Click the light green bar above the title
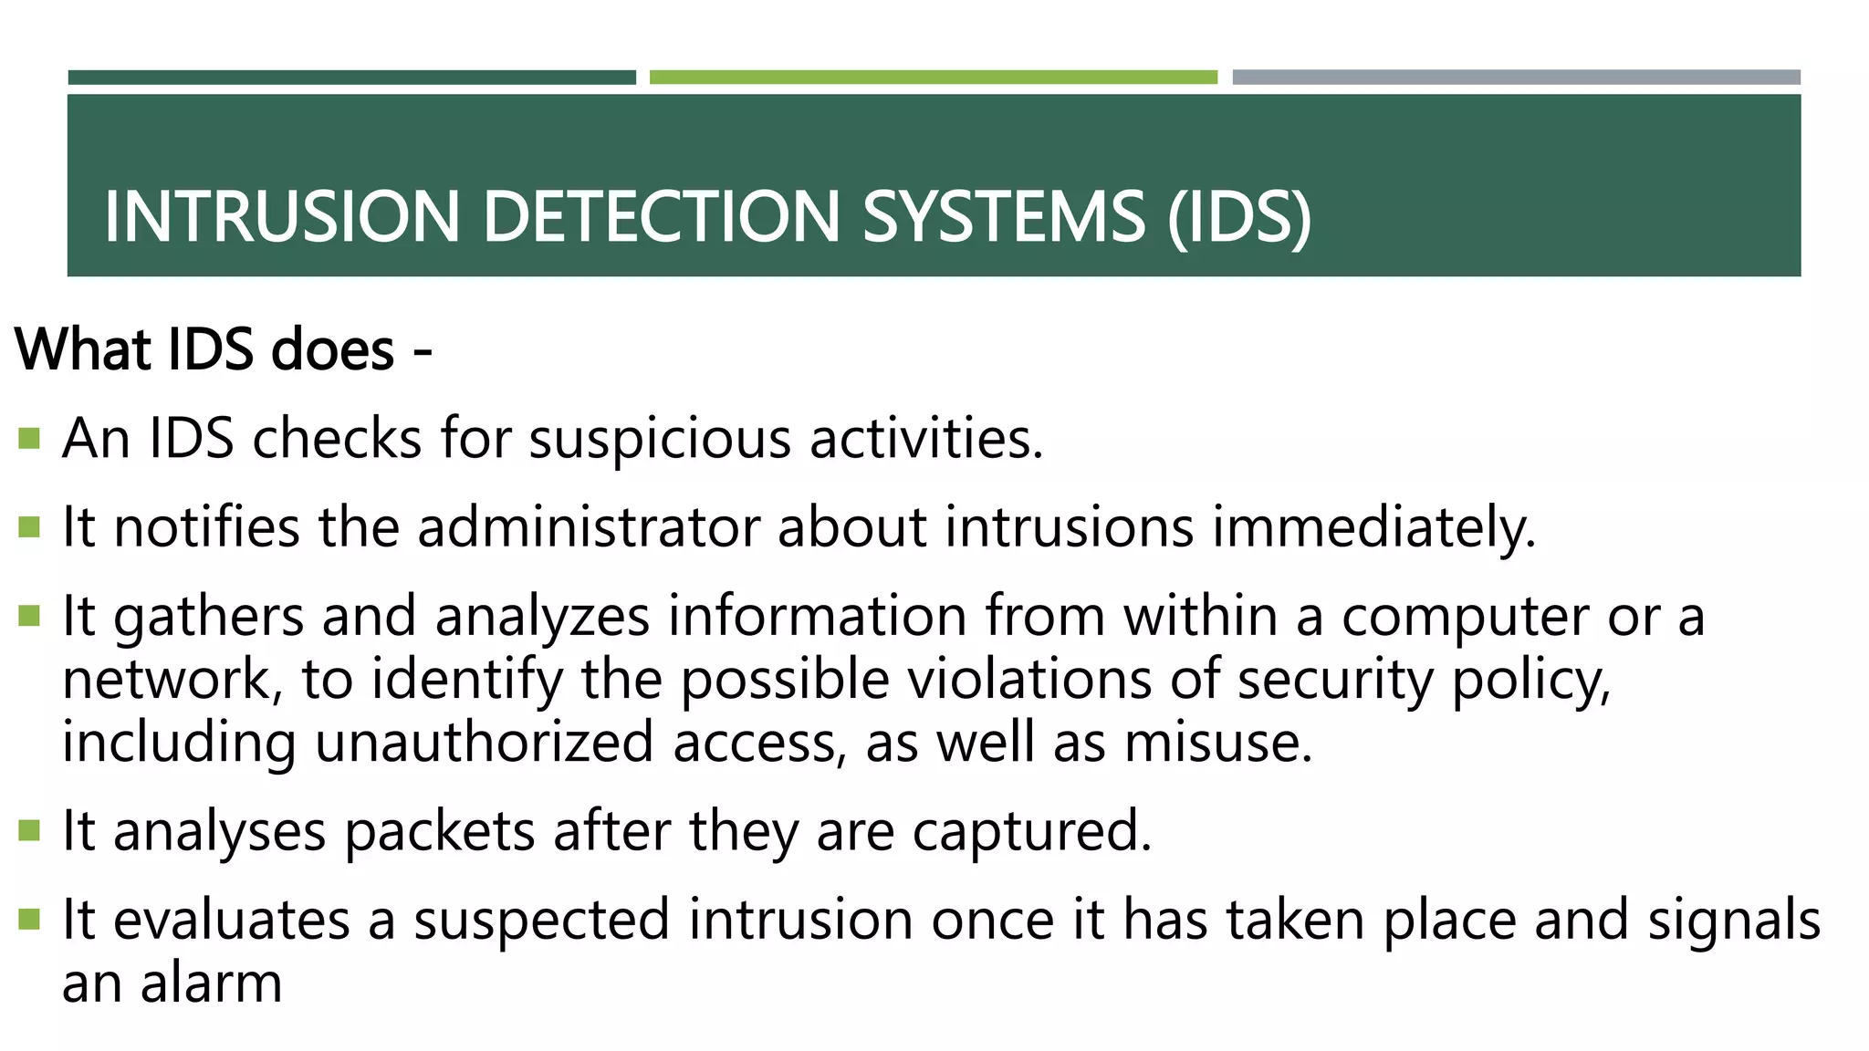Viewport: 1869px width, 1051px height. [933, 78]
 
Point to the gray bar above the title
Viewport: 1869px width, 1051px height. [1516, 78]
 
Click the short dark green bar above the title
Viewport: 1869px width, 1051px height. [351, 78]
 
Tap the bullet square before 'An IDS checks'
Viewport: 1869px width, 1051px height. [29, 439]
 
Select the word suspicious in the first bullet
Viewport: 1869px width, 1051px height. [660, 439]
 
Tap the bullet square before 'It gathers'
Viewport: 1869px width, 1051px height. [29, 617]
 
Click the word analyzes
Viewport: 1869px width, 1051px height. [542, 617]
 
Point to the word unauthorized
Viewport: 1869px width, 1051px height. [484, 742]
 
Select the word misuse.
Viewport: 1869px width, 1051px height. [1217, 742]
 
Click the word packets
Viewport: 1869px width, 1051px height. [439, 831]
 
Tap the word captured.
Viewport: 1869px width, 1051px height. [1031, 831]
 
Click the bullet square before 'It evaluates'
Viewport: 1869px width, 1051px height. [29, 920]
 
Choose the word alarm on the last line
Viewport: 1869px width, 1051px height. [212, 983]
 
